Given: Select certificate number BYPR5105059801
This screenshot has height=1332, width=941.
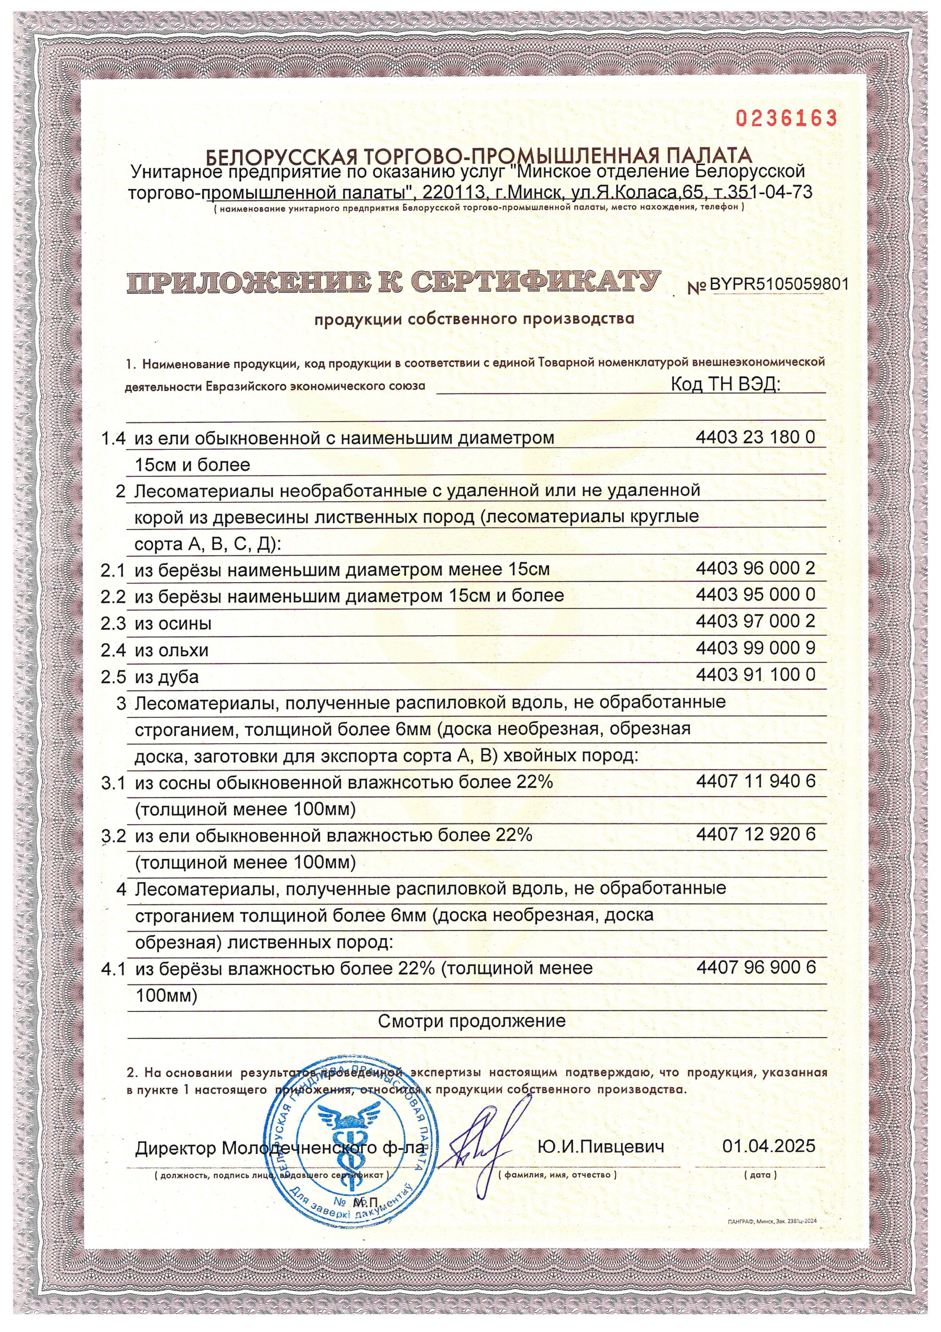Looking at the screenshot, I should tap(779, 284).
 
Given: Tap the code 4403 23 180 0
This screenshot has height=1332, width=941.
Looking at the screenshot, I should tap(755, 437).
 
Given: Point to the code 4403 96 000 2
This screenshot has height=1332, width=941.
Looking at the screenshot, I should tap(755, 568).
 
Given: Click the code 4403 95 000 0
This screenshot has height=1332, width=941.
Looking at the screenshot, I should tap(755, 595).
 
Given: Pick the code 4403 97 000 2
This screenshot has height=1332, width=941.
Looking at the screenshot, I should tap(755, 621).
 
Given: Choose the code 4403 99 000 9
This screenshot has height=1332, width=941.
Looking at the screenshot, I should tap(755, 648).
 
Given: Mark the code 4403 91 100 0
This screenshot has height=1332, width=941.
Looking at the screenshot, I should tap(755, 674).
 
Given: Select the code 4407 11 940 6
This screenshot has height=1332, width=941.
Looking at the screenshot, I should tap(755, 781).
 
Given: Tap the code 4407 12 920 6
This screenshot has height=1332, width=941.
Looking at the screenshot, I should tap(755, 834).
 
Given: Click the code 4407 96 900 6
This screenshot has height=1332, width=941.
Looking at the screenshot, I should tap(755, 967).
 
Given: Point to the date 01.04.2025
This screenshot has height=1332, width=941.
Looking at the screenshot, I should tap(768, 1146).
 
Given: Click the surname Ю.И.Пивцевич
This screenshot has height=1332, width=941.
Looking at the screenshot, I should tap(601, 1147).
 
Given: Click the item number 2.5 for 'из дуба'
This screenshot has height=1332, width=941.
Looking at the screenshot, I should tap(113, 677).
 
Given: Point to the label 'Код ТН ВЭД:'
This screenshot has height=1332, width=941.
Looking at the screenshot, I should tap(725, 384).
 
